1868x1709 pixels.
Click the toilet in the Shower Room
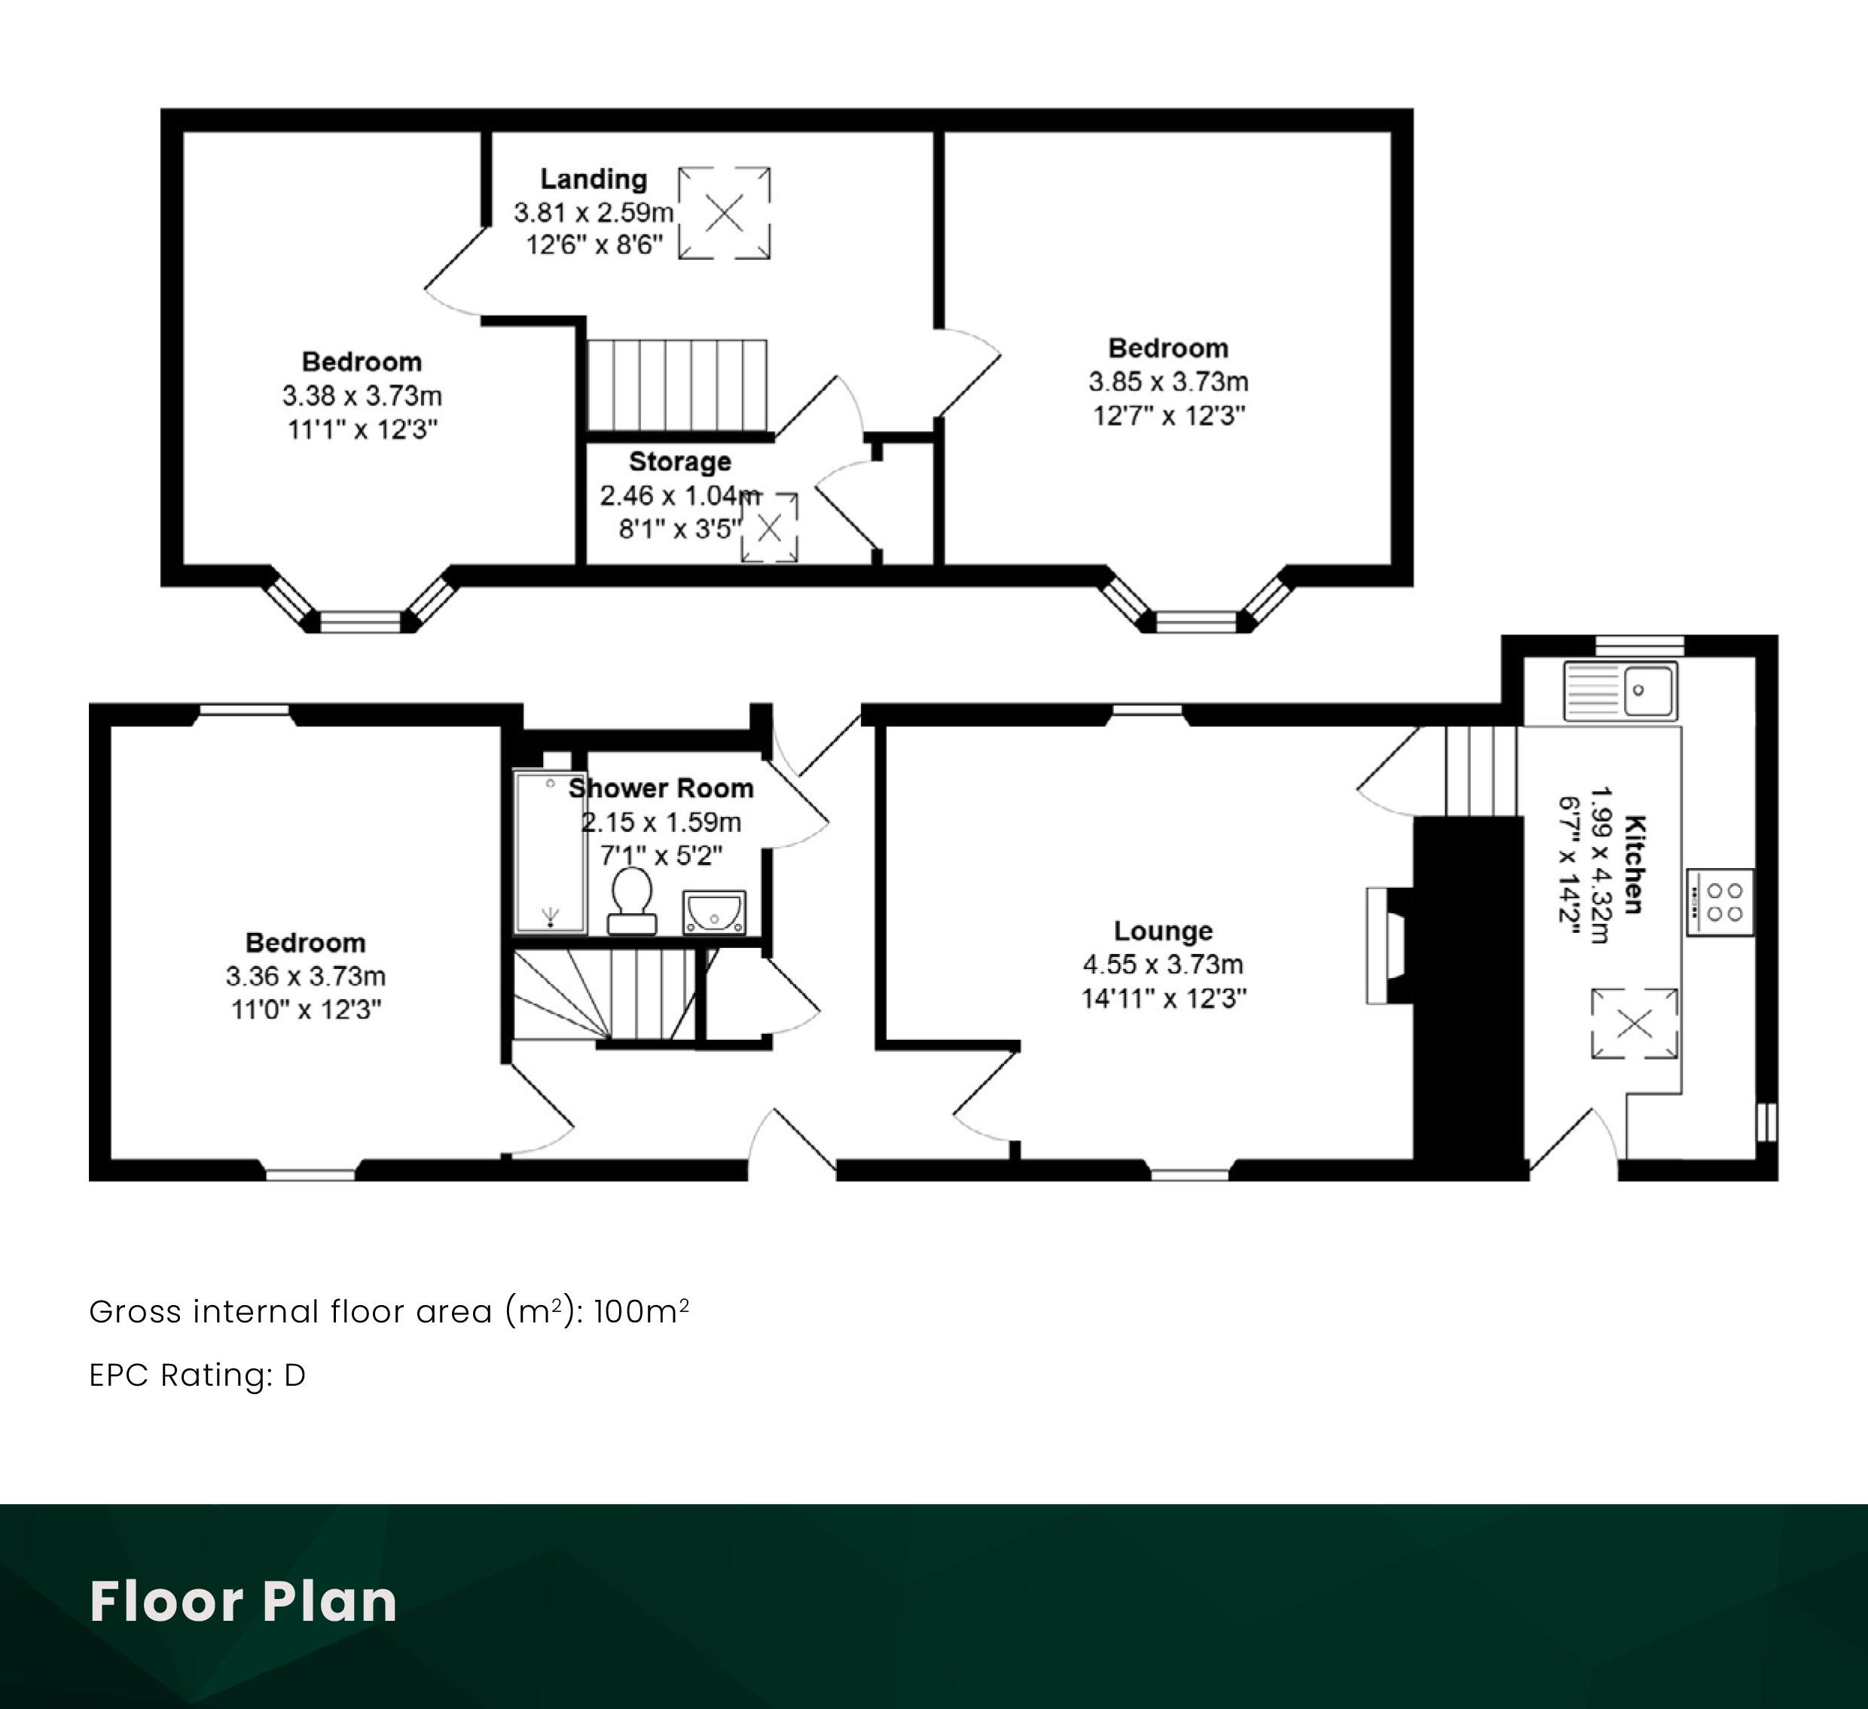(x=632, y=900)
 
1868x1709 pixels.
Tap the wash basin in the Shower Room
(x=714, y=913)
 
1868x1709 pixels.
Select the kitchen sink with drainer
(x=1619, y=690)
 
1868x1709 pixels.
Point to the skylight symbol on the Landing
(x=725, y=213)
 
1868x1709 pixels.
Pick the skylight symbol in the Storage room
(x=769, y=527)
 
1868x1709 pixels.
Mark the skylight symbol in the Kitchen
(x=1634, y=1023)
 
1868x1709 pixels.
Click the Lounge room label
(x=1163, y=931)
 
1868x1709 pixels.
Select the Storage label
(x=680, y=462)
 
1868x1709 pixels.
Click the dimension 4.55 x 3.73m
(x=1163, y=965)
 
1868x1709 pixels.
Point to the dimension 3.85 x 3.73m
(x=1168, y=382)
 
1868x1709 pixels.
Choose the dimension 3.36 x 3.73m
(x=306, y=976)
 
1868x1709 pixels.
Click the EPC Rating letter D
(x=295, y=1375)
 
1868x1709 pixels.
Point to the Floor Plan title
(x=244, y=1600)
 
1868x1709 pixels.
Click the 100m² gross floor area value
(x=641, y=1311)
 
